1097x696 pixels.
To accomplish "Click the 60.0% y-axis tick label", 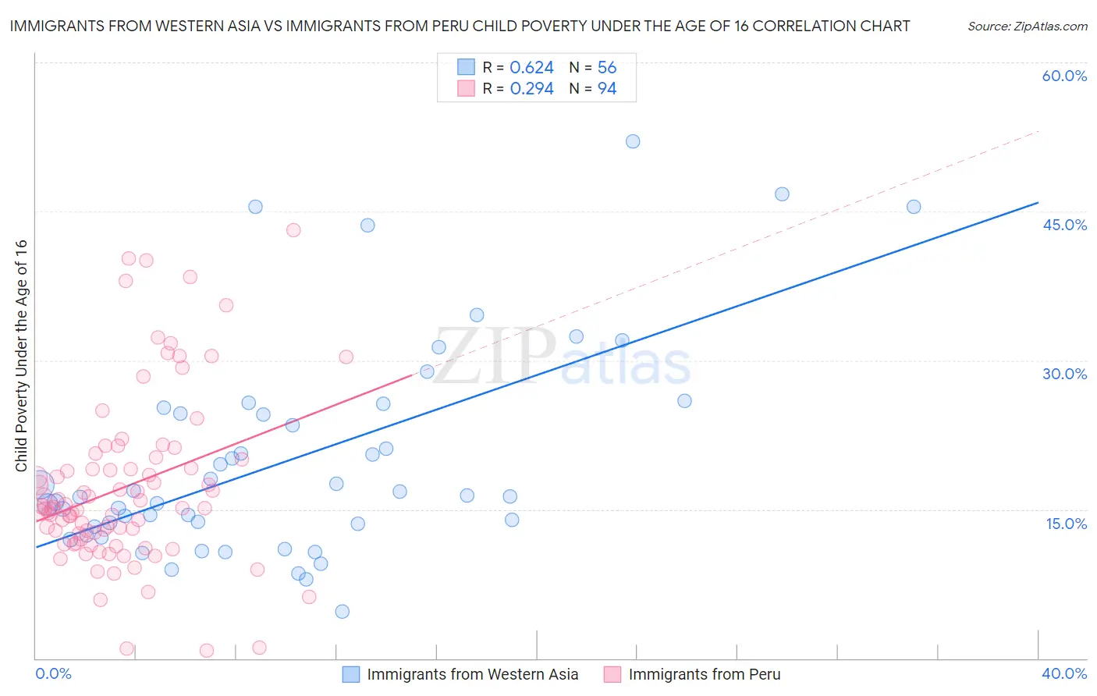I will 1064,76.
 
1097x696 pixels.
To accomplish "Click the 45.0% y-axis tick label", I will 1064,225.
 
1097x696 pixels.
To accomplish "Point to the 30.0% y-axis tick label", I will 1064,374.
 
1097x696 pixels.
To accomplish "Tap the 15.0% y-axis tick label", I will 1066,524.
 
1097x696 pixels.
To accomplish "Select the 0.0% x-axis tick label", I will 53,673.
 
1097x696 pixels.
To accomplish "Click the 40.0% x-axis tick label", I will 1064,673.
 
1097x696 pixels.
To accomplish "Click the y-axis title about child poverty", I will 22,355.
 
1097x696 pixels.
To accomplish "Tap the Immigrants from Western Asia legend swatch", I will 351,674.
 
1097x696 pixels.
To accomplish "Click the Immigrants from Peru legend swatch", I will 612,674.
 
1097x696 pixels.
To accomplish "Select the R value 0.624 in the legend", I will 531,68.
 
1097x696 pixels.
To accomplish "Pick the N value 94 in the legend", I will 607,89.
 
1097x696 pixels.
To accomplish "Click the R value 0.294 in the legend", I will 531,89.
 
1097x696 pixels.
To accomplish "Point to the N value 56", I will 607,68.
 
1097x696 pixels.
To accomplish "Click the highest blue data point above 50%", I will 633,141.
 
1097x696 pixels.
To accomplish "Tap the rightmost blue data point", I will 914,207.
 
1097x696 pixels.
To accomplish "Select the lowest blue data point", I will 342,612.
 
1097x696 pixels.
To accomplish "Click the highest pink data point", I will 293,230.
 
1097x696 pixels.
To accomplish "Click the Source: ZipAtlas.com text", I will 1027,27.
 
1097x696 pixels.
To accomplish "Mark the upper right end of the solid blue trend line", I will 1038,203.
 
